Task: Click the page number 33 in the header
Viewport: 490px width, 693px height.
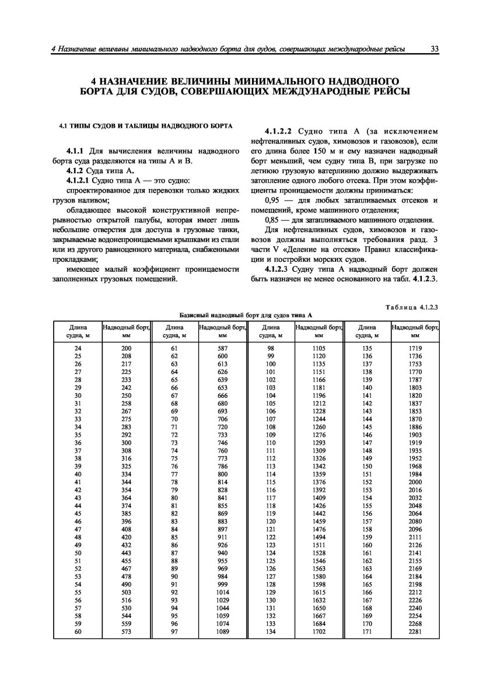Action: coord(435,50)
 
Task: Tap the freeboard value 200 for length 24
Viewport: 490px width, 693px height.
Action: coord(126,348)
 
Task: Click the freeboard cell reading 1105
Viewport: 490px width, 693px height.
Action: coord(318,348)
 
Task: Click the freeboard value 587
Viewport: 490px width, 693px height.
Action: coord(222,348)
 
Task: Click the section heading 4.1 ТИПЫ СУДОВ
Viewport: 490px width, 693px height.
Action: coord(146,125)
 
